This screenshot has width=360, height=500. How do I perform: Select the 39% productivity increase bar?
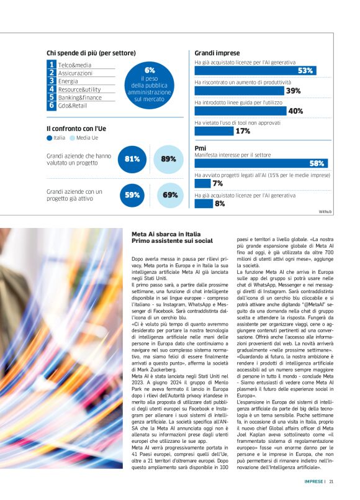[x=248, y=91]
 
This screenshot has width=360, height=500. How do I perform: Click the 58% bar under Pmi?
[x=261, y=163]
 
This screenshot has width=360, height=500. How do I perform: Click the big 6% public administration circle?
[x=149, y=84]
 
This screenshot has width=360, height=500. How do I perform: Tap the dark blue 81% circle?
[x=132, y=159]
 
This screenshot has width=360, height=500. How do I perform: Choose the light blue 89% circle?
[x=168, y=159]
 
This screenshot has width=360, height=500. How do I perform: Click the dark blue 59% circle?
[x=132, y=195]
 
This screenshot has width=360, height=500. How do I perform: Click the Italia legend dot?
[x=50, y=138]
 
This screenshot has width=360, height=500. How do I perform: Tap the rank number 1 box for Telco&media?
[x=52, y=64]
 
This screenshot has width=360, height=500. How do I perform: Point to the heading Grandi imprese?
[x=217, y=53]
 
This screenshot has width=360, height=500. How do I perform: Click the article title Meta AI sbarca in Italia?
[x=172, y=237]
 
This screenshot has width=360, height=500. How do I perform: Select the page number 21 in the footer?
[x=331, y=480]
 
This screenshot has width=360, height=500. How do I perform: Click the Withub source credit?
[x=325, y=212]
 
